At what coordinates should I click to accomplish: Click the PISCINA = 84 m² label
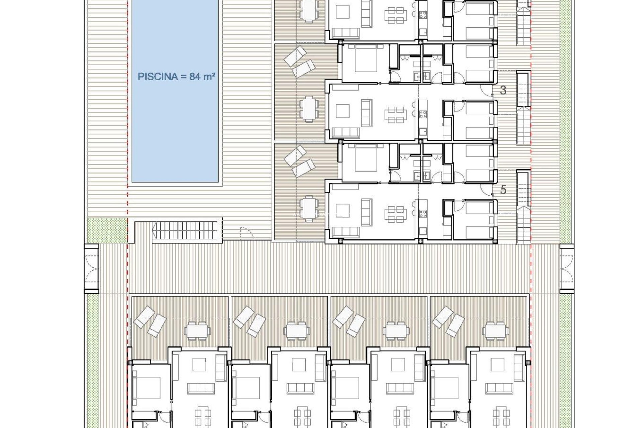pyautogui.click(x=176, y=77)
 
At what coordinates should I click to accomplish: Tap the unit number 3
pyautogui.click(x=503, y=90)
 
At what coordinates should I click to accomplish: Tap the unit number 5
pyautogui.click(x=503, y=190)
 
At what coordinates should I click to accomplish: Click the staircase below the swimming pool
pyautogui.click(x=184, y=231)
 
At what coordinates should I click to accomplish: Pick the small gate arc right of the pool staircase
pyautogui.click(x=247, y=233)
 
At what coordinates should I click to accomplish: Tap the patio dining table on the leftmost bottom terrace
pyautogui.click(x=197, y=331)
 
